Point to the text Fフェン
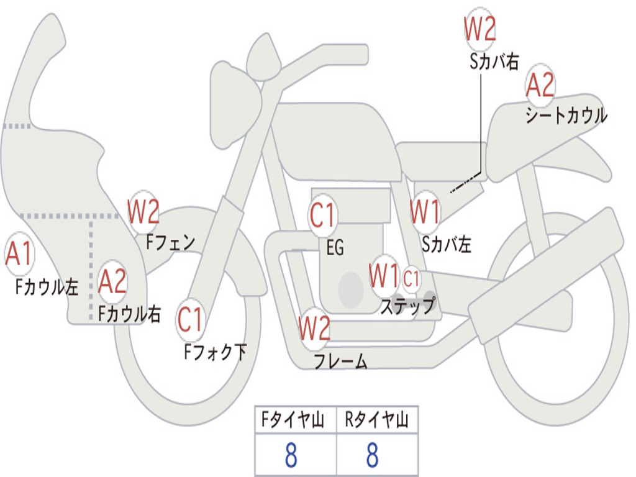point(170,241)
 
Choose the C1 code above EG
point(322,216)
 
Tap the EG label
point(335,248)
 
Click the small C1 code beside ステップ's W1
point(411,279)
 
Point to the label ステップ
point(407,306)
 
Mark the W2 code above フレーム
point(314,328)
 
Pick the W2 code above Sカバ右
point(479,28)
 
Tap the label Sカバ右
point(494,61)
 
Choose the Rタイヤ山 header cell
point(377,420)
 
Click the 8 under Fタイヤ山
point(291,456)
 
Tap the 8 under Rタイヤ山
point(372,456)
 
